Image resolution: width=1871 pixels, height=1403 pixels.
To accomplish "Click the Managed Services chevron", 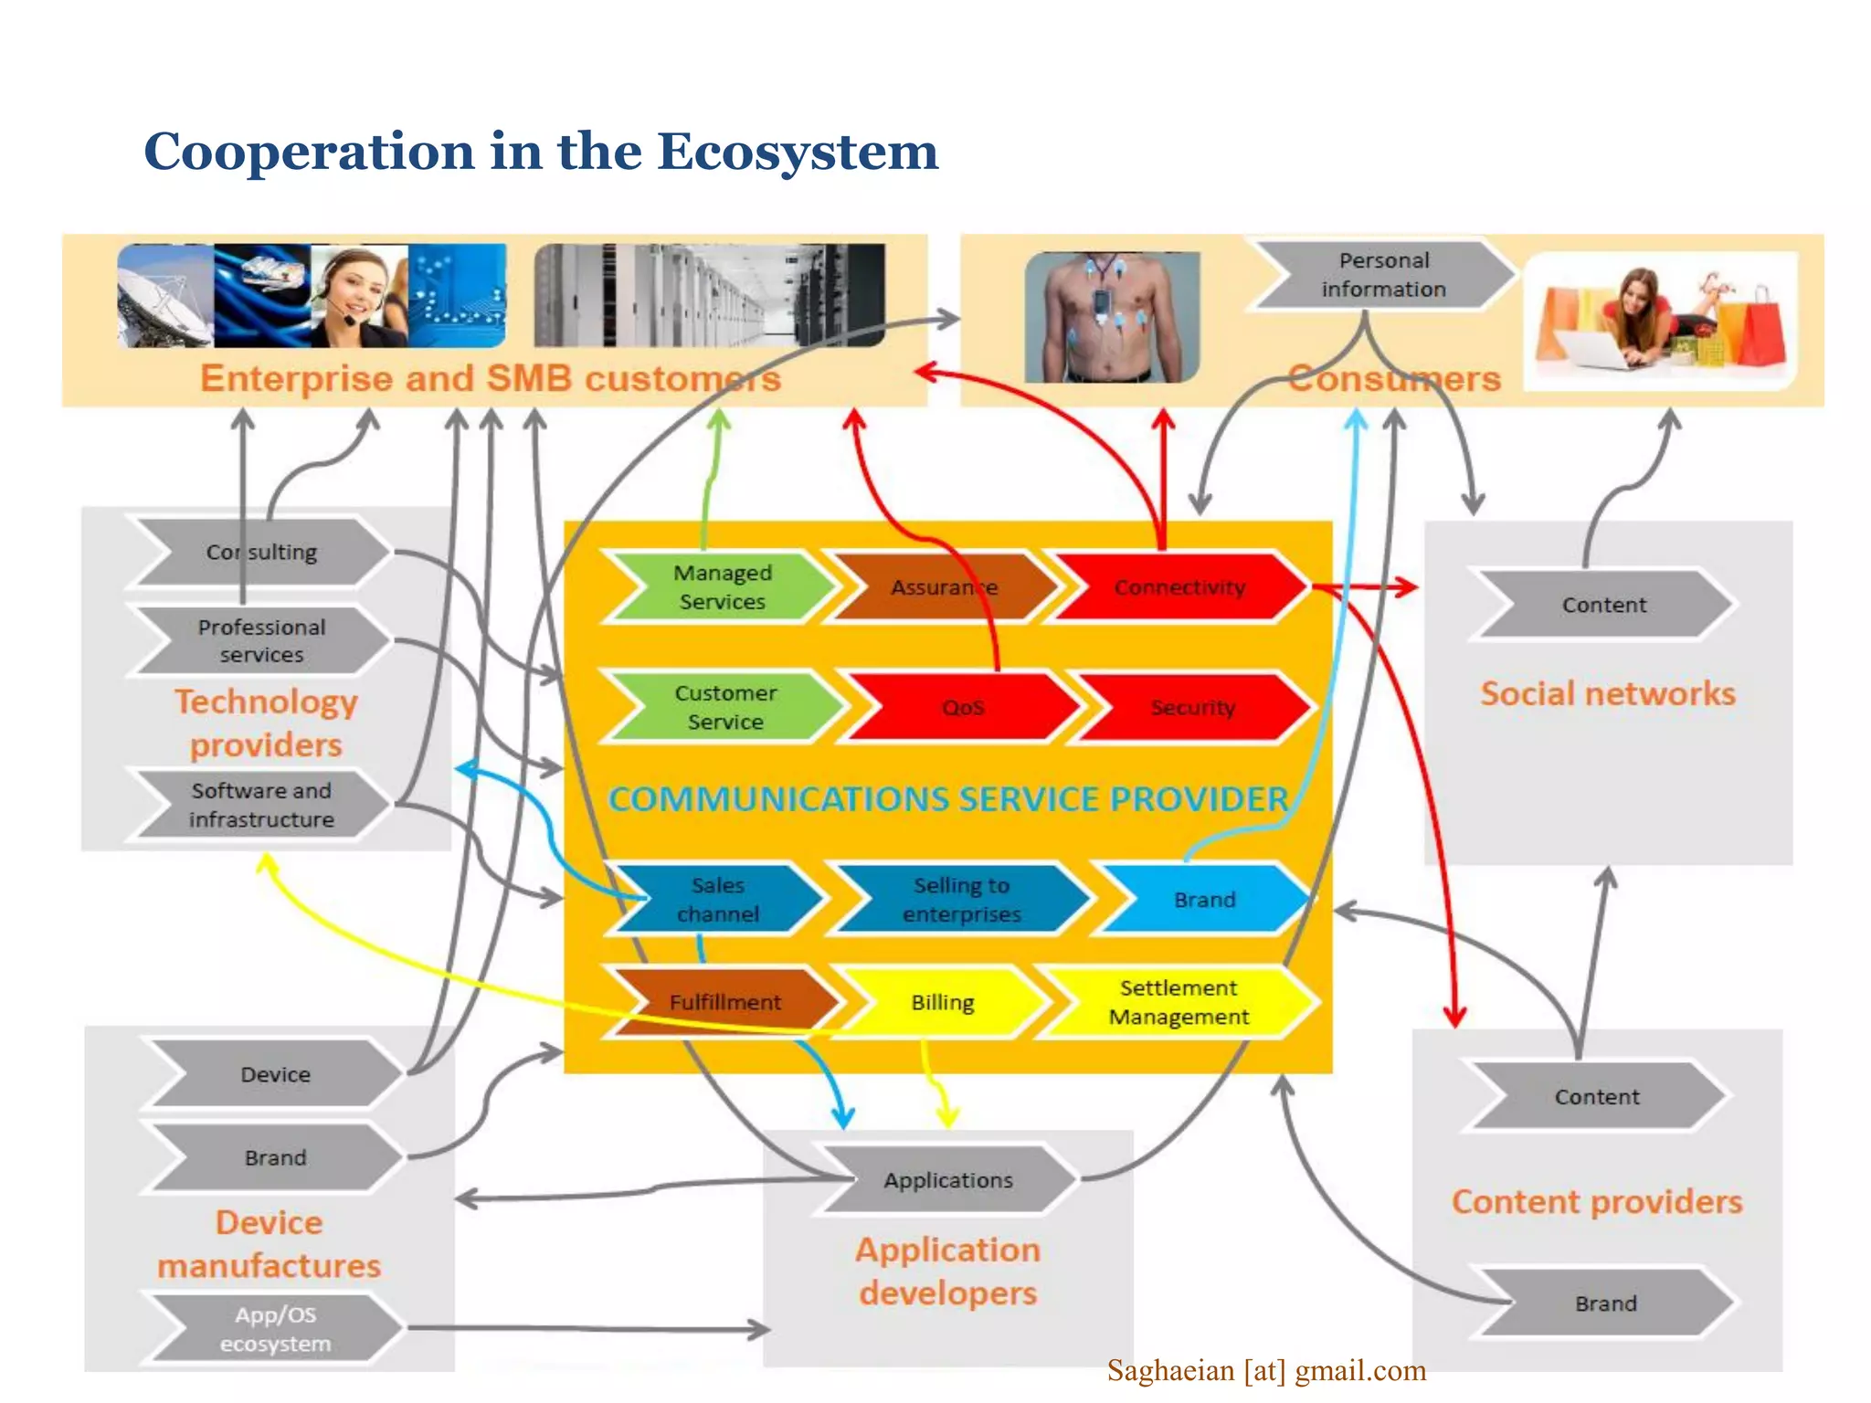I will pos(722,587).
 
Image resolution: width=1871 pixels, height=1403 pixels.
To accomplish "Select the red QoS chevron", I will pos(963,708).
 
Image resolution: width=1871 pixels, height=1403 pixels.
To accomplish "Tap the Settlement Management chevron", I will pos(1179,1002).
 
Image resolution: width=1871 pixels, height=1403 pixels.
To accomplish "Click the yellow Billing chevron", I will pos(943,1003).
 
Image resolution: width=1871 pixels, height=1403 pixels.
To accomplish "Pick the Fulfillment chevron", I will pos(725,1002).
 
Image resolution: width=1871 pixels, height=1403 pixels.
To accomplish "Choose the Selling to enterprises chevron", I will pos(961,900).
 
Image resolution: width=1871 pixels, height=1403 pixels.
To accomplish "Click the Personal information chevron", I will pos(1383,275).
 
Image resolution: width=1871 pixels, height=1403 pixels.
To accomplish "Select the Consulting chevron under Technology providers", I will pos(261,553).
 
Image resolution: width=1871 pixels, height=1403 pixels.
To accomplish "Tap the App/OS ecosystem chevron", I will pos(275,1329).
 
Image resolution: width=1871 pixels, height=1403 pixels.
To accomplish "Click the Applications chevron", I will pos(948,1180).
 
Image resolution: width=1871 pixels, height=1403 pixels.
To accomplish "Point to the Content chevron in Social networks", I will pos(1603,605).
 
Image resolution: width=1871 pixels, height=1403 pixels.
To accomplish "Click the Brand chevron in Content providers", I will pos(1605,1303).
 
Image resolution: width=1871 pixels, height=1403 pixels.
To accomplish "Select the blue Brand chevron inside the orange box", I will pos(1204,900).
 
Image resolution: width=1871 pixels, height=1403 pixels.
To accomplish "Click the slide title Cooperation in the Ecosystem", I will pos(541,152).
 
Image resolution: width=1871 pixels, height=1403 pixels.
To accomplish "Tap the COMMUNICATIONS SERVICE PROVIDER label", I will pos(948,799).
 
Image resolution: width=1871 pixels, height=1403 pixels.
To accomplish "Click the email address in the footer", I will pos(1266,1371).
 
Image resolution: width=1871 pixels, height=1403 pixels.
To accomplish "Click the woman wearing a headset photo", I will pos(358,296).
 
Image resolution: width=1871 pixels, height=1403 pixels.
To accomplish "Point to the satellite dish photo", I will pos(165,296).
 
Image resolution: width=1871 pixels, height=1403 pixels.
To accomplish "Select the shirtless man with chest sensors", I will pos(1112,318).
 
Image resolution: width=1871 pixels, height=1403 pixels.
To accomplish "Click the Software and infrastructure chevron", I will pos(261,805).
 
